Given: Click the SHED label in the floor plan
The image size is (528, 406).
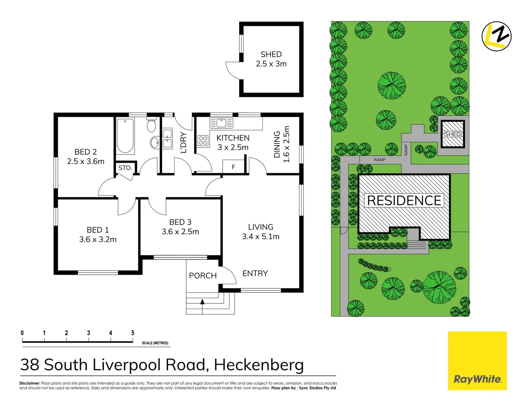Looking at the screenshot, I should pos(271,55).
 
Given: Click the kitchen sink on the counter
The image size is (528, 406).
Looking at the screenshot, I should pos(222,123).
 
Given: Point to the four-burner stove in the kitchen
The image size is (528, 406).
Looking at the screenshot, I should pos(203,141).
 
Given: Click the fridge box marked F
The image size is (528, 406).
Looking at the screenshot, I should pos(234,167).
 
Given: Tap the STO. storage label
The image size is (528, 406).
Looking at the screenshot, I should pos(125,168).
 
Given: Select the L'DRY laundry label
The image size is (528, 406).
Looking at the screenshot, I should pos(184,142).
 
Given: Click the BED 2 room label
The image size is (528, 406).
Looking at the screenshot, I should pos(86,152).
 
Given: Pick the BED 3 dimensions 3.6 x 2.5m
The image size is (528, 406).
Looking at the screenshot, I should pos(180,232).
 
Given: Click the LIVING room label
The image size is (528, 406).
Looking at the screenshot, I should pos(261,227).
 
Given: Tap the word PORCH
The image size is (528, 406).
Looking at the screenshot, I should pos(203,276).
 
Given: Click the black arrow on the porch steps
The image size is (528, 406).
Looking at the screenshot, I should pos(202,301).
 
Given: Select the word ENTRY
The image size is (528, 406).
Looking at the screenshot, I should pos(255,273).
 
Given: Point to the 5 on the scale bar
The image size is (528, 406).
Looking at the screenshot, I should pos(133,333).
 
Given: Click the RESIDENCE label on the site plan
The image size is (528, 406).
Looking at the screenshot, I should pos(404,200).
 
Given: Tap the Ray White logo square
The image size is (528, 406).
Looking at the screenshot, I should pos(477,361).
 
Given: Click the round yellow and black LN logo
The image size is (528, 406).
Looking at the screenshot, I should pos(496,36).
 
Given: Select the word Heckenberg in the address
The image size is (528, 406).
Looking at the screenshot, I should pos(259,365).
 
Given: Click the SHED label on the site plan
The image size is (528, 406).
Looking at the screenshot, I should pos(452,134).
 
